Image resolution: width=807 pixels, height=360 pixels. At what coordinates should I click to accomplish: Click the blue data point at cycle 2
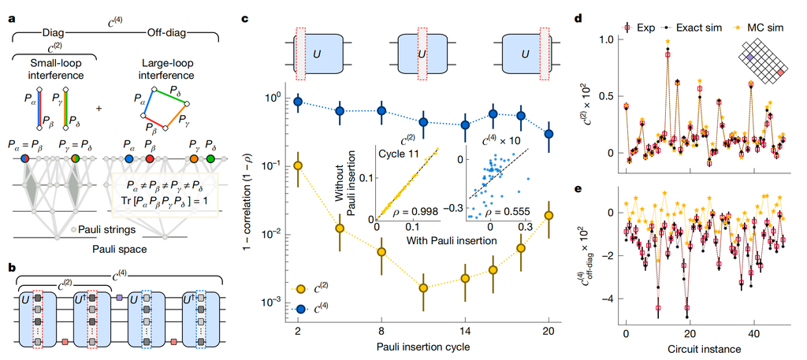tap(298, 102)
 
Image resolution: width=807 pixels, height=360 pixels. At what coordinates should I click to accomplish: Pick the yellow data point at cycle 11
tap(424, 288)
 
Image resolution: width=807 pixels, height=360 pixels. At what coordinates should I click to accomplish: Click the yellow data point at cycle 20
tap(549, 215)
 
